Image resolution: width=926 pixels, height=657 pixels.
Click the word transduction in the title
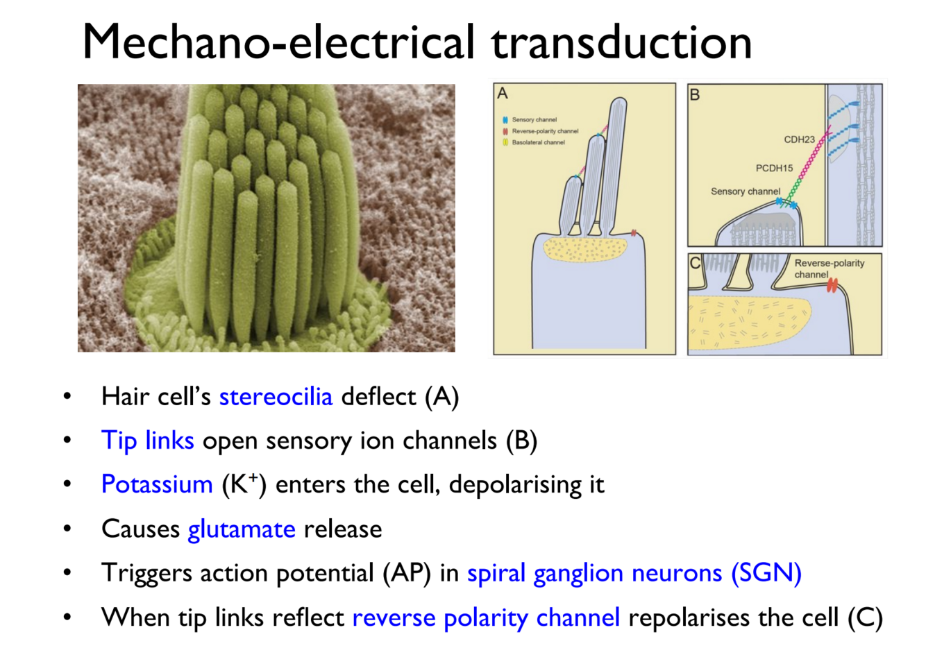point(622,42)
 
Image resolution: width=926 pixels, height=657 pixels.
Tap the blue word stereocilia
point(276,397)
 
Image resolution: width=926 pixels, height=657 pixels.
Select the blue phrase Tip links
point(147,441)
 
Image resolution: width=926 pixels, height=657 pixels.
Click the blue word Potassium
point(157,484)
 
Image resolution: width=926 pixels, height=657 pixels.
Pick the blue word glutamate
point(242,529)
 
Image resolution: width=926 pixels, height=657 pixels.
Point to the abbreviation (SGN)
point(766,573)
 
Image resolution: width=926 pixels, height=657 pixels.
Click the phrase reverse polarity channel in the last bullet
point(486,617)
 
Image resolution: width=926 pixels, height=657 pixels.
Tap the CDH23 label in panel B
point(799,139)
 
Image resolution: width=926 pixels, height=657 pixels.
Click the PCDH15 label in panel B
point(774,168)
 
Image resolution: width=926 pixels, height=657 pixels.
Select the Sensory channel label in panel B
point(745,191)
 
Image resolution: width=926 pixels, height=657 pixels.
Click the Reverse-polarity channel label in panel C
point(829,268)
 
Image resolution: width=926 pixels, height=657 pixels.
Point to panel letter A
point(503,93)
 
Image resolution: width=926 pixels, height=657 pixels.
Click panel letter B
point(695,94)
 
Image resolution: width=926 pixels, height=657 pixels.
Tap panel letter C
point(695,263)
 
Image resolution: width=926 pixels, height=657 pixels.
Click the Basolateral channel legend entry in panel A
point(538,142)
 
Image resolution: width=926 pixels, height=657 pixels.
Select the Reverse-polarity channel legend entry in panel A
point(545,131)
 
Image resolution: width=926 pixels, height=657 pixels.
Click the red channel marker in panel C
point(832,285)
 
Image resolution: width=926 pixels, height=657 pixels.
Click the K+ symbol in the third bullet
point(244,484)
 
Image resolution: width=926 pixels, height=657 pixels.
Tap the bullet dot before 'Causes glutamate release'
point(67,529)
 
